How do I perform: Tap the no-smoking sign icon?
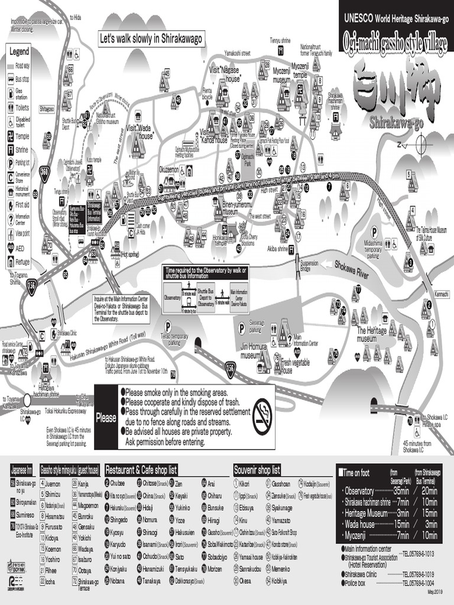262,409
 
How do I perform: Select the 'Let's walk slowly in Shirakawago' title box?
151,39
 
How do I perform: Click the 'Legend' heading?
19,52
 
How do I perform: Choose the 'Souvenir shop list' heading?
257,470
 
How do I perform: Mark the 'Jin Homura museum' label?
254,352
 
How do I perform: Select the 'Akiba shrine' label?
278,249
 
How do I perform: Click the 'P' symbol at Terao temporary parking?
168,324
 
